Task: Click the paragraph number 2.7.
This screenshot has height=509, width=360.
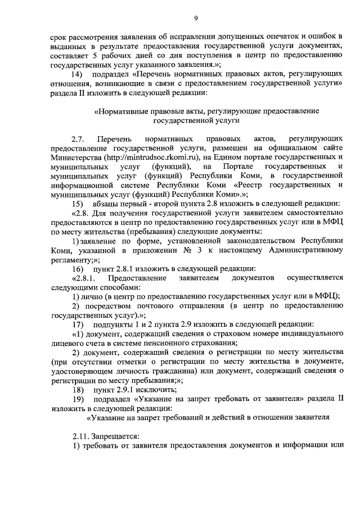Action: (x=78, y=138)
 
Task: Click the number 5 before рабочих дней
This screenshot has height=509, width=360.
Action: (x=94, y=57)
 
